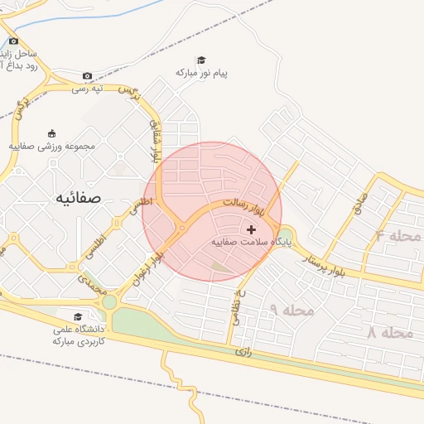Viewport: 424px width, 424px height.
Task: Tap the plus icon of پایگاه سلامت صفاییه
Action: (x=252, y=229)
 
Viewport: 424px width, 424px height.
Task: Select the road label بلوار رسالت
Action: (x=244, y=205)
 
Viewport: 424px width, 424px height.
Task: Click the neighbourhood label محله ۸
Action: (x=388, y=332)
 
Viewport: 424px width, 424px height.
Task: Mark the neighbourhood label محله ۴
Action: (x=398, y=236)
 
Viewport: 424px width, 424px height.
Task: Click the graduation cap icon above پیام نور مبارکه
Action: (x=200, y=60)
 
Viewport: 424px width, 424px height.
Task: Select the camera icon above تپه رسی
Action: (x=88, y=76)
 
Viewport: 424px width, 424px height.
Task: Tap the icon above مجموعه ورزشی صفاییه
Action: (x=52, y=133)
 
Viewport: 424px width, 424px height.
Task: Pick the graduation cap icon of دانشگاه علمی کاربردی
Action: (x=78, y=316)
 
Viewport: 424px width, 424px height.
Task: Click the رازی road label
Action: (x=243, y=351)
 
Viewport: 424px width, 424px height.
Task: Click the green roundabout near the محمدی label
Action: (x=109, y=301)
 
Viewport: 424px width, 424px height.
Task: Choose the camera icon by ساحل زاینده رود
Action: (x=13, y=41)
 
